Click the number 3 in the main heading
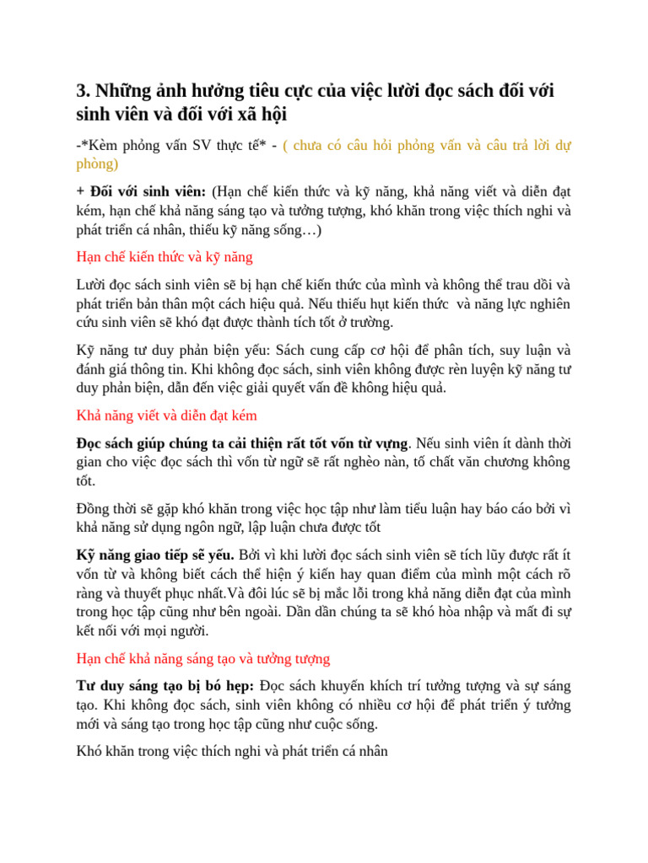82,91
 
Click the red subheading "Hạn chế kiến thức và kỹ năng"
164,257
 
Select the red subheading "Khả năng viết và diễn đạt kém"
166,415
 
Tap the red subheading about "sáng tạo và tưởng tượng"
202,658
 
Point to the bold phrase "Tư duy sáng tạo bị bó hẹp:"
165,684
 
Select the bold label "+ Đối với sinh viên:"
141,190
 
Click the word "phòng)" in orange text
97,163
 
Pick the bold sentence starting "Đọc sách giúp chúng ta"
242,442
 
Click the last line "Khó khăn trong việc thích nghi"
232,751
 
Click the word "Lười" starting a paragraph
93,284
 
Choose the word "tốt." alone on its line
87,481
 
